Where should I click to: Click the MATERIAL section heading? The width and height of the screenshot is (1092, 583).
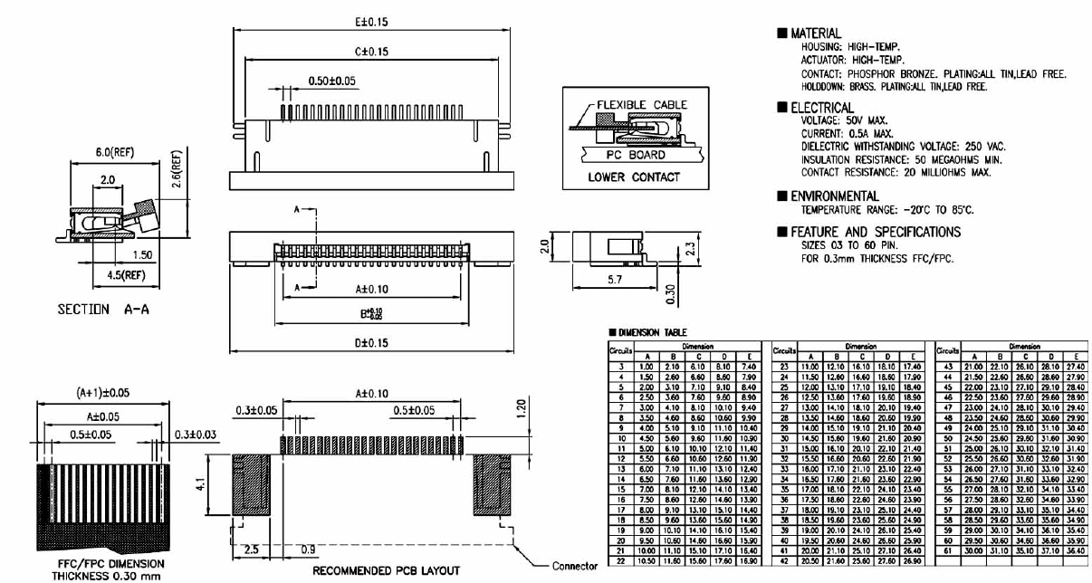(x=816, y=33)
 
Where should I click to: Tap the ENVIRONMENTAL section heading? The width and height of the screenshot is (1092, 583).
(x=835, y=196)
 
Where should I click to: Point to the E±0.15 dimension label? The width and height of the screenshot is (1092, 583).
(x=371, y=21)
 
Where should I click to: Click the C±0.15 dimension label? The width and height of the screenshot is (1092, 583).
(x=371, y=52)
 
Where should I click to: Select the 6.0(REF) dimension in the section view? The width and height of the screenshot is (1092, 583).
(x=113, y=153)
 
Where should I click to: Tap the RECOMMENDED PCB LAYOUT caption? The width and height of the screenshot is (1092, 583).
(x=387, y=570)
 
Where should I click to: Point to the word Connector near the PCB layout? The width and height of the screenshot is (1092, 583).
(x=575, y=566)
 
